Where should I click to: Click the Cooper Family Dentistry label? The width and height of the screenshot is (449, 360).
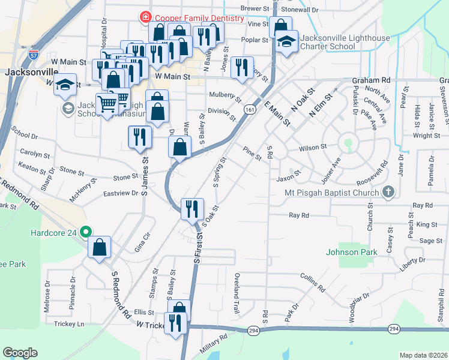pos(199,18)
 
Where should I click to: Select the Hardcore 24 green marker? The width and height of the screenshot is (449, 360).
pos(86,231)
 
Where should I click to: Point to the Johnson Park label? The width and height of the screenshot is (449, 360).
pos(352,252)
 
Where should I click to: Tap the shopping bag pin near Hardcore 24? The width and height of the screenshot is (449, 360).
pos(100,247)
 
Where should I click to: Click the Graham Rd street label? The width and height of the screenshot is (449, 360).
pos(371,80)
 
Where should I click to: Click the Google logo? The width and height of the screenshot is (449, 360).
pos(20,353)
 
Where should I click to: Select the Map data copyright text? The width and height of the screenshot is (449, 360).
pos(423,355)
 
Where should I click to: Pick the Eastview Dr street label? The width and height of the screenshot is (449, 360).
pos(121,193)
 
